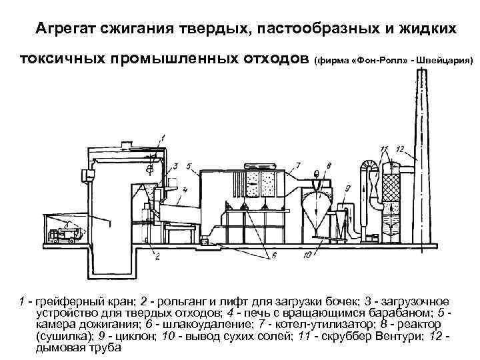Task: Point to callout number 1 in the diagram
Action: [x=162, y=137]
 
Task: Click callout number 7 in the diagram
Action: [x=298, y=164]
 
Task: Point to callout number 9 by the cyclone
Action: [x=348, y=189]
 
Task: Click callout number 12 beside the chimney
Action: [x=399, y=147]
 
